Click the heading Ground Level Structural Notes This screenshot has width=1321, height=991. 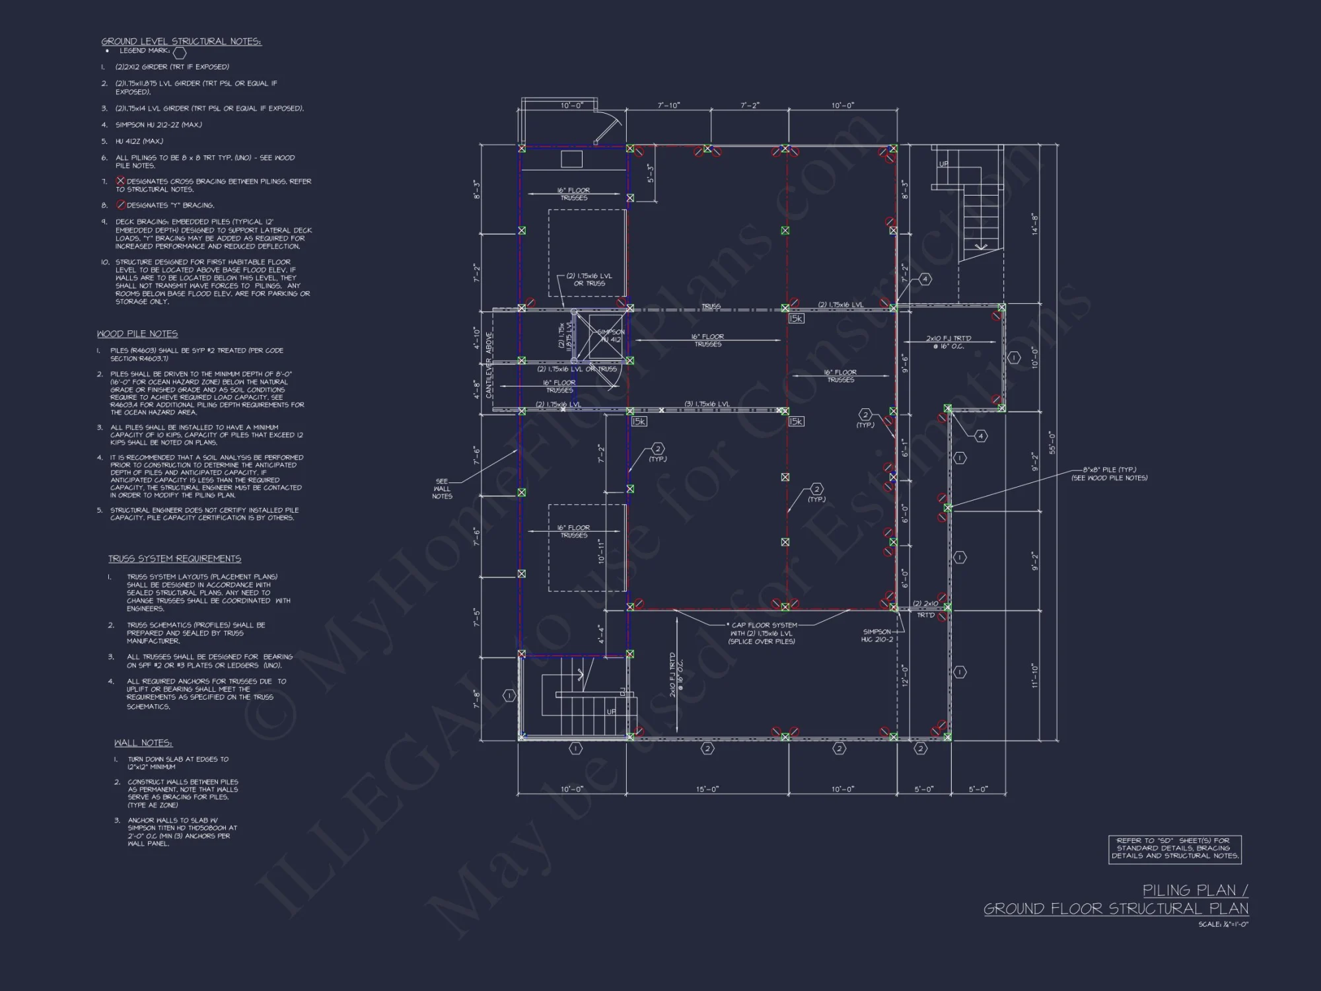click(x=181, y=42)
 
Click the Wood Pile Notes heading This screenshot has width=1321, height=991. click(x=137, y=334)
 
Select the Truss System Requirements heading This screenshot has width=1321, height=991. click(x=174, y=559)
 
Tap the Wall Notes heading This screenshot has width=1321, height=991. click(x=143, y=743)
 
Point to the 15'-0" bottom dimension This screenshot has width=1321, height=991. click(x=707, y=789)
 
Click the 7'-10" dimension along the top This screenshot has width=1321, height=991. click(x=668, y=106)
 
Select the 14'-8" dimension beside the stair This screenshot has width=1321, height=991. click(x=1035, y=223)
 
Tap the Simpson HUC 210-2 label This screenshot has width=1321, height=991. click(x=877, y=636)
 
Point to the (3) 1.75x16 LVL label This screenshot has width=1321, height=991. click(x=707, y=404)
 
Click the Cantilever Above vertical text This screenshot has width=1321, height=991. click(x=489, y=365)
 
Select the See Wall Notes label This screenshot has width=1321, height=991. click(x=442, y=489)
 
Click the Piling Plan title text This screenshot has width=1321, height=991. click(x=1195, y=891)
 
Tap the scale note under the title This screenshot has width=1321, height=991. click(x=1223, y=924)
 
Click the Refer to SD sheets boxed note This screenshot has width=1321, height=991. click(x=1174, y=849)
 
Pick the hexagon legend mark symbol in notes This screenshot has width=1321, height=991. click(x=180, y=53)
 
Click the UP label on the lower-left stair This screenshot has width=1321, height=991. click(x=611, y=712)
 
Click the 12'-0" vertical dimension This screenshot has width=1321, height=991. click(x=906, y=675)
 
